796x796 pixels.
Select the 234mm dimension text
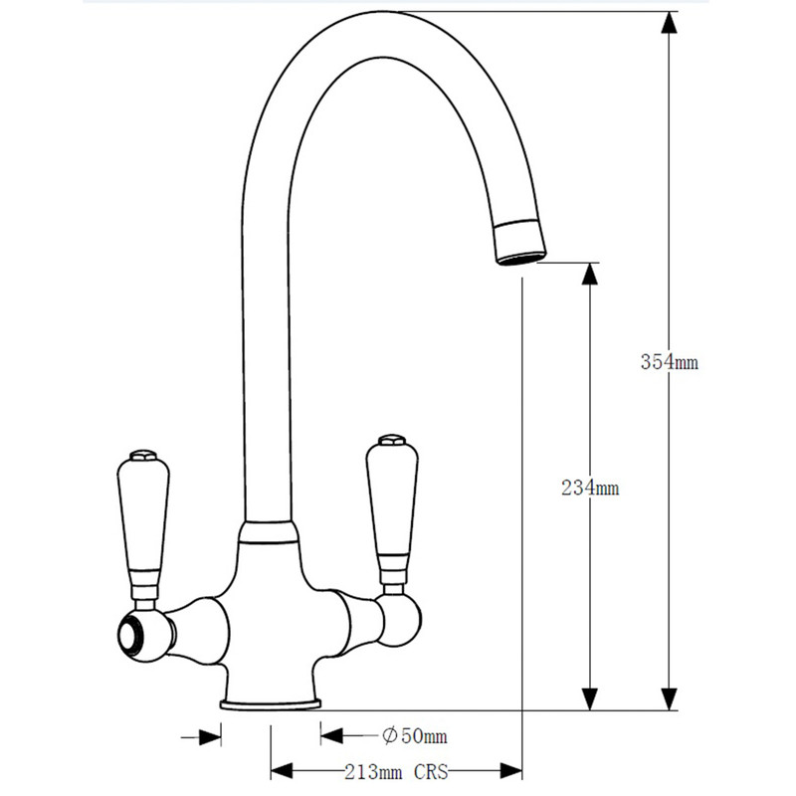pos(590,488)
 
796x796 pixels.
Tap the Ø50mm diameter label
pos(415,736)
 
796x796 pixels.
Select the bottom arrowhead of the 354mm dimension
pos(671,699)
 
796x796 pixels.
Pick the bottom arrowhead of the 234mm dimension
pos(591,699)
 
